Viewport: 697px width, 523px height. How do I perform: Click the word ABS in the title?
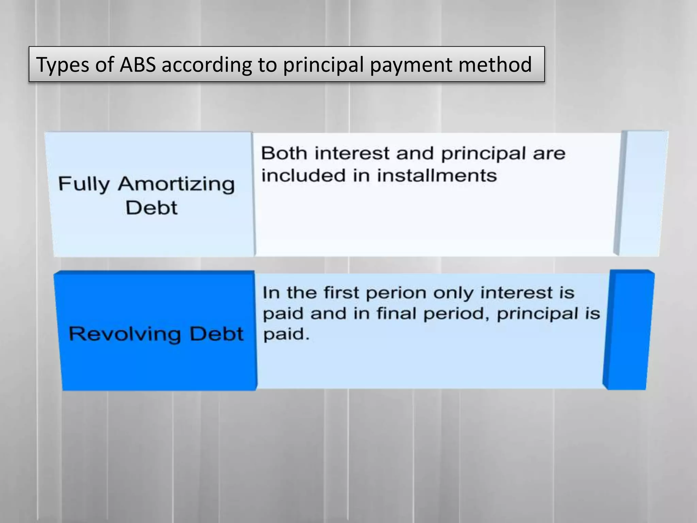tap(137, 64)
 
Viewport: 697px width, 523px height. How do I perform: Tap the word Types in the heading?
tap(62, 65)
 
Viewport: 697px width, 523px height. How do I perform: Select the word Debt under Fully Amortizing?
tap(151, 208)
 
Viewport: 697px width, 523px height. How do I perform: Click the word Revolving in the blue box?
tap(125, 334)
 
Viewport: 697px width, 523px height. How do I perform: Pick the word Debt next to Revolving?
tap(217, 334)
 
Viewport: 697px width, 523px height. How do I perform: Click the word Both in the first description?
tap(284, 153)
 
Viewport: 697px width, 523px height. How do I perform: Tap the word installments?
tap(437, 176)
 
